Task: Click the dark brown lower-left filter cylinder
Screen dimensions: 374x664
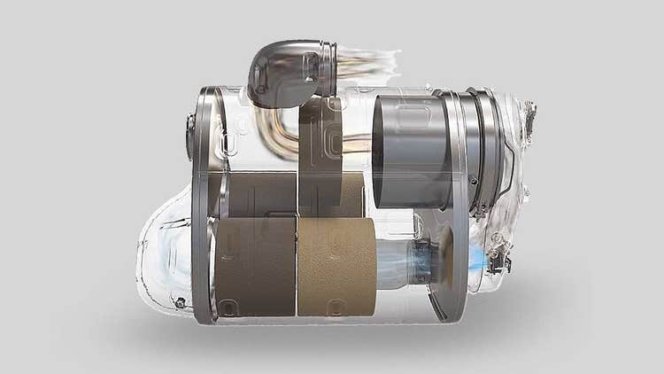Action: [255, 267]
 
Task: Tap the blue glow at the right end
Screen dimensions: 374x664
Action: [477, 259]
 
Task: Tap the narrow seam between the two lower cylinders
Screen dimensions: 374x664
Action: [296, 267]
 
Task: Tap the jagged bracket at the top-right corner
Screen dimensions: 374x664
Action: [529, 115]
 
